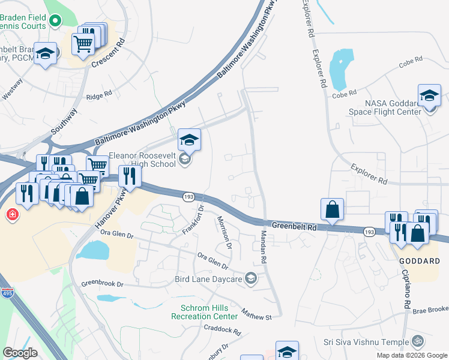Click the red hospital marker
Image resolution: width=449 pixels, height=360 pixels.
(x=11, y=214)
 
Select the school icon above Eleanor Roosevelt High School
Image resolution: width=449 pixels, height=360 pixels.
(x=189, y=140)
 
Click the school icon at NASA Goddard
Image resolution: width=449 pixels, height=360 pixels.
(x=430, y=96)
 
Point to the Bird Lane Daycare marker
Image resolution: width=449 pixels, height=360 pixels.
(x=252, y=278)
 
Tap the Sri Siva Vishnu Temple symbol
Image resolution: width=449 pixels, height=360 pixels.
(x=418, y=341)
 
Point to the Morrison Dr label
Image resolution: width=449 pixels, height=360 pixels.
(x=224, y=232)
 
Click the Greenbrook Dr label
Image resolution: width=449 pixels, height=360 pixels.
(x=102, y=283)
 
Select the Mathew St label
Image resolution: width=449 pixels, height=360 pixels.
(x=257, y=313)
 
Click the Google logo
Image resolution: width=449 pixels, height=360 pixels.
(x=20, y=353)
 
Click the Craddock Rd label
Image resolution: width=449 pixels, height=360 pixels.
(x=222, y=330)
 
